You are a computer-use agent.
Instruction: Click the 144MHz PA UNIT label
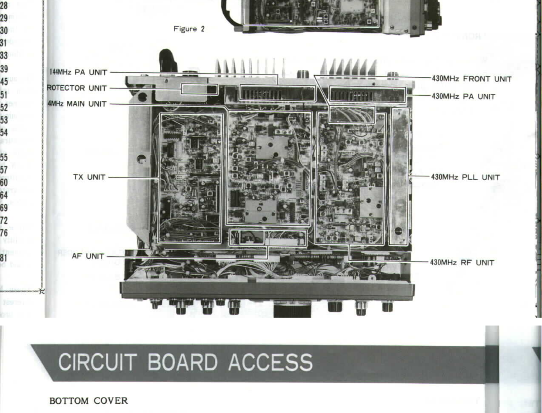click(x=78, y=72)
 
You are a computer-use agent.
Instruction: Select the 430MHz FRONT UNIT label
click(x=471, y=79)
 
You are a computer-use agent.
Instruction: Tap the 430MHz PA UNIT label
click(x=463, y=96)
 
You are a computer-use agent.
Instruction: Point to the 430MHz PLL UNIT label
click(x=465, y=177)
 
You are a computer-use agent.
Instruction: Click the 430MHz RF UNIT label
click(x=462, y=262)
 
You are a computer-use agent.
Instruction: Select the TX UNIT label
click(x=89, y=177)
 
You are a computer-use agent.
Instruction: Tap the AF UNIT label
click(x=88, y=256)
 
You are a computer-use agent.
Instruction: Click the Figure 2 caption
click(x=189, y=29)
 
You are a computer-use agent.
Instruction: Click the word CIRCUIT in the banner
click(x=97, y=362)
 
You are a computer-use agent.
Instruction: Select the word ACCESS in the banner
click(x=270, y=362)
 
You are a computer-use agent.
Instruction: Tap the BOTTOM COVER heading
click(x=89, y=401)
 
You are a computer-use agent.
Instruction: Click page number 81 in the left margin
click(x=4, y=258)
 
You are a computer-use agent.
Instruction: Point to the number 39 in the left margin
click(x=4, y=68)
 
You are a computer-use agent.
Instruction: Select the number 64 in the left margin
click(x=4, y=195)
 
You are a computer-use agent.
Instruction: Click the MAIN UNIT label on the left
click(x=77, y=104)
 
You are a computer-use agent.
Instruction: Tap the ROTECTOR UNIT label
click(x=77, y=88)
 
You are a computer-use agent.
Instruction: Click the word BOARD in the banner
click(x=182, y=362)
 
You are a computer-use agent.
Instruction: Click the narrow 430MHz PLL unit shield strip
click(x=399, y=176)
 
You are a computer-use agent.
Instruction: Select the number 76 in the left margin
click(x=4, y=233)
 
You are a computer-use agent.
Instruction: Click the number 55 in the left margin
click(x=4, y=157)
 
